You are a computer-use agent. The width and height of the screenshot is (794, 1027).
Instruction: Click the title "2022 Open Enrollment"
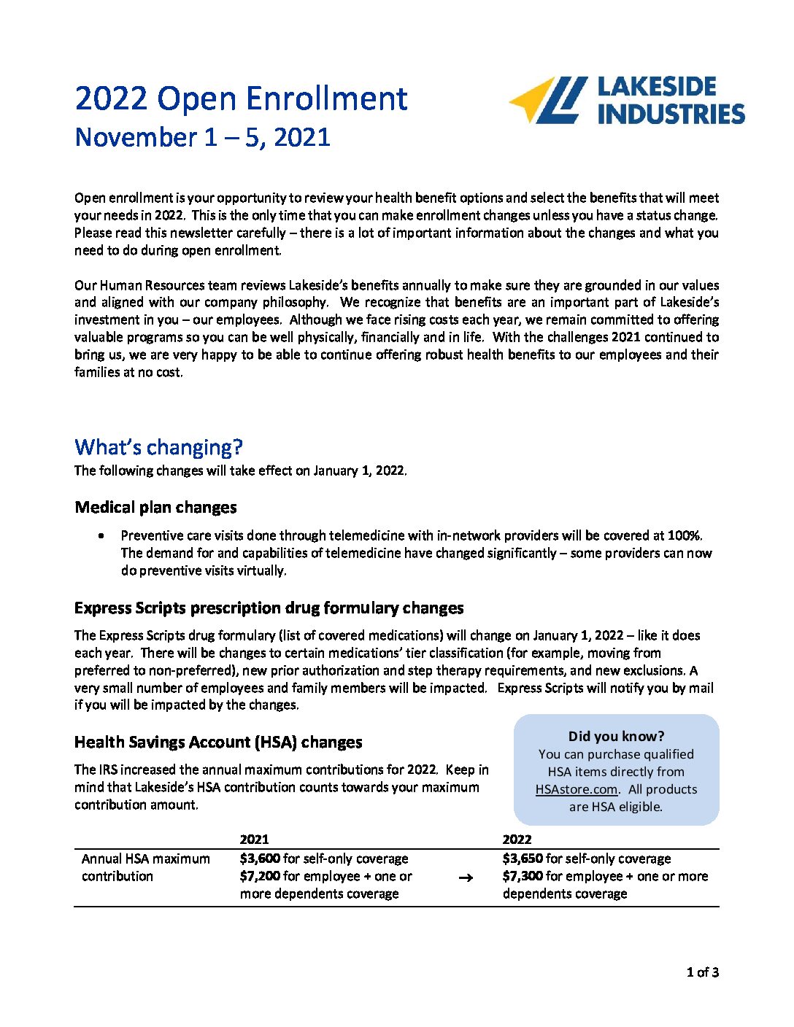(x=241, y=98)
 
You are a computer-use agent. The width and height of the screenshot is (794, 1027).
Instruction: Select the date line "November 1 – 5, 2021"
(x=202, y=137)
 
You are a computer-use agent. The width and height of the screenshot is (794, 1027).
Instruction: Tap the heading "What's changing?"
(x=158, y=446)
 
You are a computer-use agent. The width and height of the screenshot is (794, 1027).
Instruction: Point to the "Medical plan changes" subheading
(x=155, y=507)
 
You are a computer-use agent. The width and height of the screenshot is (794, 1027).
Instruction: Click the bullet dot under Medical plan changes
(x=101, y=535)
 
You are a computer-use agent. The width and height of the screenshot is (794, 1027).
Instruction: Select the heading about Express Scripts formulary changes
(x=269, y=608)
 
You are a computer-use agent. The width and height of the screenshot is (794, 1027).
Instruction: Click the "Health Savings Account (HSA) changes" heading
(x=218, y=742)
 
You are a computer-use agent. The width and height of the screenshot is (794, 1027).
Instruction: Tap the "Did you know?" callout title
(x=616, y=736)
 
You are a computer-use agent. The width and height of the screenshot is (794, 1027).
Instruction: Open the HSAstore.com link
(x=576, y=789)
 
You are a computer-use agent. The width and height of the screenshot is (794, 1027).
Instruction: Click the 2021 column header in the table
(x=254, y=839)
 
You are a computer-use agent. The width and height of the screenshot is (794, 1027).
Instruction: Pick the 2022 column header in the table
(x=517, y=839)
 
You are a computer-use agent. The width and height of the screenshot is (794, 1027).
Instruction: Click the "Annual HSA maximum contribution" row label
(x=145, y=867)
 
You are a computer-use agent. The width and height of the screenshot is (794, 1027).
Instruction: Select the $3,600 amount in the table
(x=259, y=859)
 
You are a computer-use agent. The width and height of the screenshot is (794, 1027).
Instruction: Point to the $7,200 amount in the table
(x=259, y=876)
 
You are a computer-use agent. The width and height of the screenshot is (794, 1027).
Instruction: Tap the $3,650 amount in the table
(x=522, y=859)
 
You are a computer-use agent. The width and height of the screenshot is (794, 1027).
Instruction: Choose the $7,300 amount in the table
(x=522, y=876)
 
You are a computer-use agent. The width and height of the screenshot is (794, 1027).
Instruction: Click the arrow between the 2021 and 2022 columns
(x=466, y=877)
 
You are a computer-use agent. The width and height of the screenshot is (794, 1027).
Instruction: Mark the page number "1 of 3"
(x=702, y=972)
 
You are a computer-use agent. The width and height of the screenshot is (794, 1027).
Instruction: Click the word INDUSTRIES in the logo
(x=671, y=114)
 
